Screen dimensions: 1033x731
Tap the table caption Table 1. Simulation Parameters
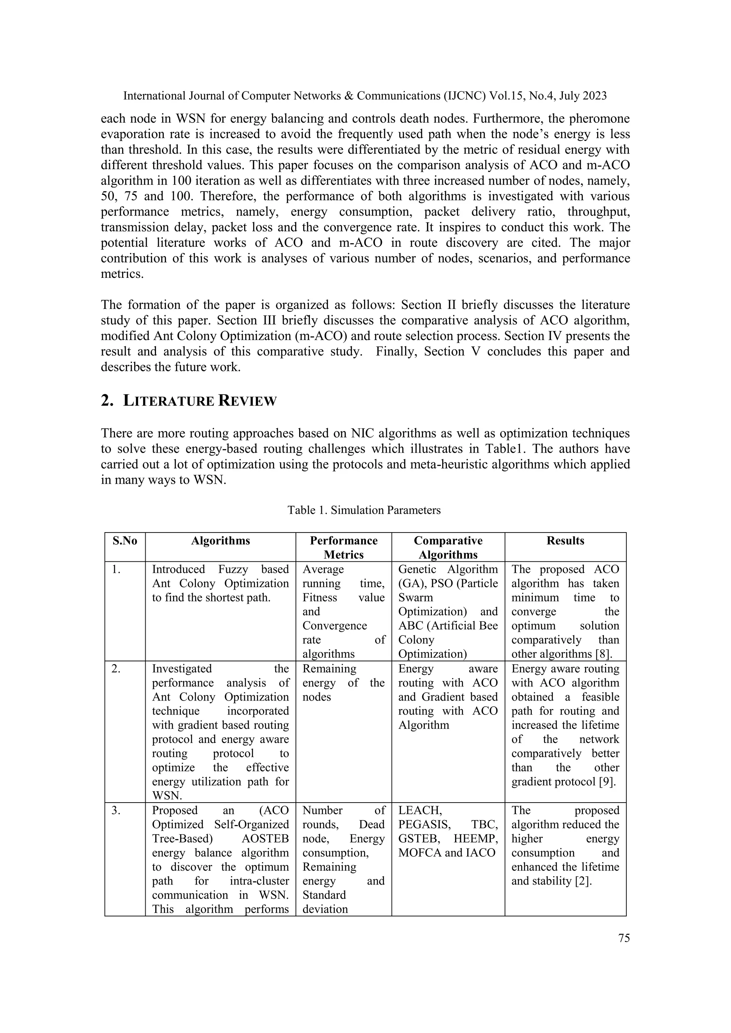pos(364,510)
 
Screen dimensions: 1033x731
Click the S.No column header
pos(125,541)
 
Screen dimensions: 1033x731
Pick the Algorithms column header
pos(220,541)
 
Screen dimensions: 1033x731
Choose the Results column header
pos(565,541)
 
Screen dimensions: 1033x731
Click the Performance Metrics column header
pos(343,548)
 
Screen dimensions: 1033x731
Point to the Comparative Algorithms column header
pos(448,548)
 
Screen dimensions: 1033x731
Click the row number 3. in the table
pos(116,811)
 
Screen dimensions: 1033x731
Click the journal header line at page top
pos(364,96)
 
